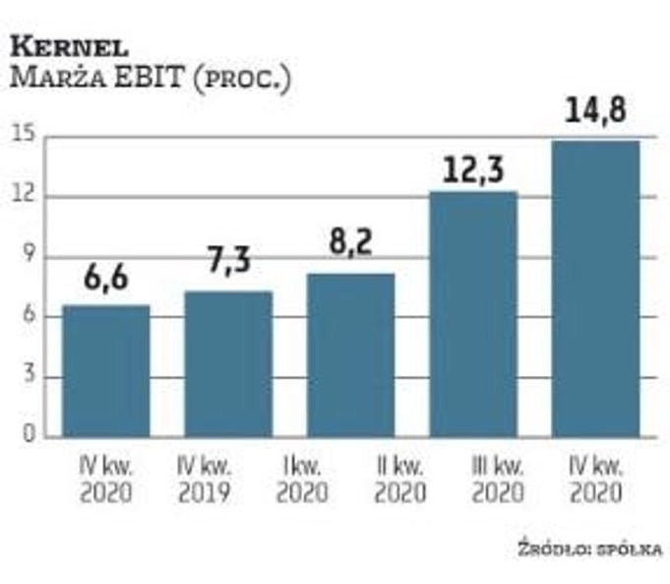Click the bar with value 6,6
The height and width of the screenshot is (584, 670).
(106, 370)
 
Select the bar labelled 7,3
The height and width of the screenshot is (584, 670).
(228, 363)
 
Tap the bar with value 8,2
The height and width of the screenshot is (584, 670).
(350, 355)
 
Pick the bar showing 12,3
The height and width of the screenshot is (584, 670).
(473, 313)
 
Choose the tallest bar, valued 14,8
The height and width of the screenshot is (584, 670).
(595, 288)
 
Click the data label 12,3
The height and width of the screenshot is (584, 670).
(472, 168)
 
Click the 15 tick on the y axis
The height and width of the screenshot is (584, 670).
(22, 136)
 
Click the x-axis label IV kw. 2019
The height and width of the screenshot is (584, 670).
(206, 476)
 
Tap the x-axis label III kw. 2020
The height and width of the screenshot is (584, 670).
(498, 476)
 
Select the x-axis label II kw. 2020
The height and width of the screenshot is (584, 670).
(399, 476)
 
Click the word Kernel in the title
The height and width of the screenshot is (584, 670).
(69, 46)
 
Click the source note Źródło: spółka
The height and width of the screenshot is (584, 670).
(589, 549)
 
